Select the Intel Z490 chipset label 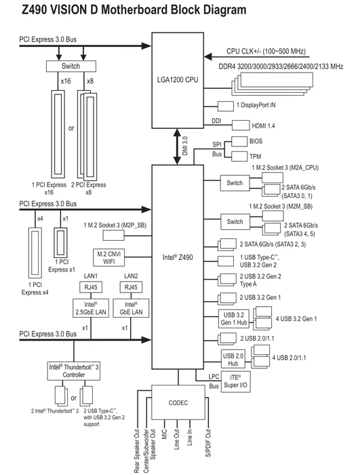tap(178, 257)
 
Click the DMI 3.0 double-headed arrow tap(177, 147)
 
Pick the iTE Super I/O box tap(235, 381)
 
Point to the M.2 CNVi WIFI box tap(108, 257)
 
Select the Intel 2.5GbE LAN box tap(91, 308)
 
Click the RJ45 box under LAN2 tap(131, 287)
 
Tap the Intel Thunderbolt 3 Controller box tap(74, 370)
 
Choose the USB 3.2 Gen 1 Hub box tap(234, 319)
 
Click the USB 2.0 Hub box tap(233, 360)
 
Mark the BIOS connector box tap(239, 141)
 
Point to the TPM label tap(255, 157)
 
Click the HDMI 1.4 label tap(263, 126)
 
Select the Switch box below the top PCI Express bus tap(71, 66)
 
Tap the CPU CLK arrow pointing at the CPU tap(257, 56)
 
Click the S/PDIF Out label tap(208, 443)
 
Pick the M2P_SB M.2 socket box tap(113, 235)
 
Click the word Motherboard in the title tap(135, 9)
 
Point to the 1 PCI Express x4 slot tap(35, 253)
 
